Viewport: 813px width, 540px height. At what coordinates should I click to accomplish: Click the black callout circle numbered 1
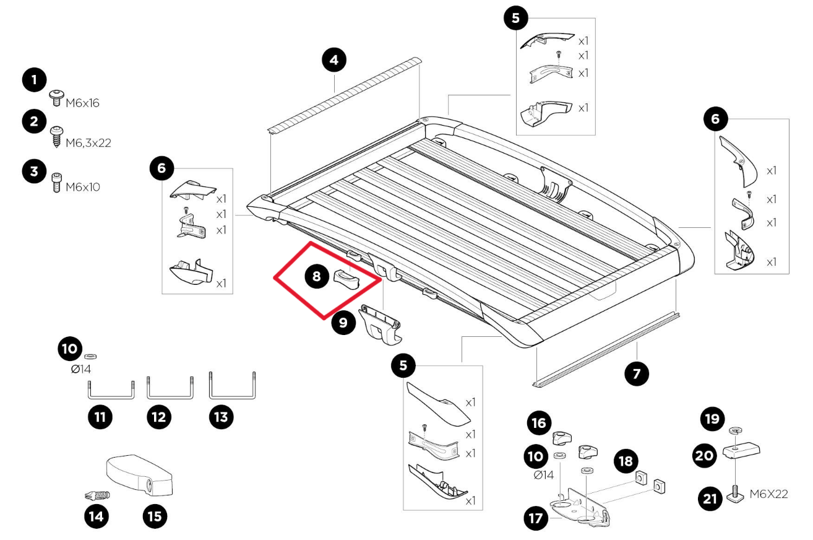[34, 81]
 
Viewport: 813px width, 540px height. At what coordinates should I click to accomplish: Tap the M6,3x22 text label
[88, 142]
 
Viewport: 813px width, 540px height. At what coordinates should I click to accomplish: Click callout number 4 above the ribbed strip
[334, 61]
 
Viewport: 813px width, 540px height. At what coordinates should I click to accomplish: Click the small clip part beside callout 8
[345, 279]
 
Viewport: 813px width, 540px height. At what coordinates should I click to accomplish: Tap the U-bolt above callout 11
[110, 390]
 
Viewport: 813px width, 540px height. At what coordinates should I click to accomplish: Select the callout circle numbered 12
[159, 417]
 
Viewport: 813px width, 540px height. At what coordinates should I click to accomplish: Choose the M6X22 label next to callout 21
[769, 494]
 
